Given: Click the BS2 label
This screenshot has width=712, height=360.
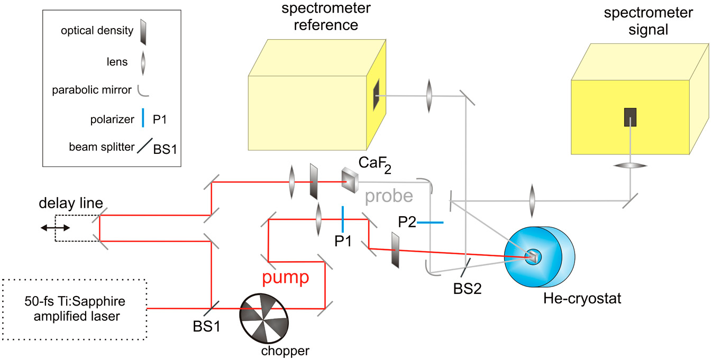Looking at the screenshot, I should coord(467,289).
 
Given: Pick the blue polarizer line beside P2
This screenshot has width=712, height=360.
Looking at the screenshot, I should coord(430,223).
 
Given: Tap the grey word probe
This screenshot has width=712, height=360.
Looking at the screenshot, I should coord(388,196).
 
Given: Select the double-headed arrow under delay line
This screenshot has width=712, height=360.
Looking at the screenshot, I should coord(56,227).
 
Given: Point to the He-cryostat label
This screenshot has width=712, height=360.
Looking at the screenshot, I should coord(582,298).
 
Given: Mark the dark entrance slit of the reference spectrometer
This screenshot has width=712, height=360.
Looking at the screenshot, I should coord(376,95).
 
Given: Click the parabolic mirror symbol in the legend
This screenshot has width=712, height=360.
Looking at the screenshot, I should coord(143,90).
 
